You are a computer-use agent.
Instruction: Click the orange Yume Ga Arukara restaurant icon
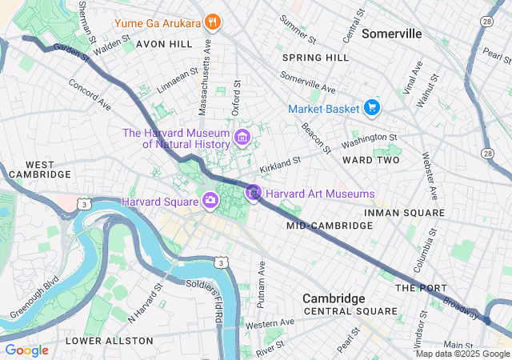pos(212,22)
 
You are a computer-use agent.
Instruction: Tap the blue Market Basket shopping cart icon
pos(371,107)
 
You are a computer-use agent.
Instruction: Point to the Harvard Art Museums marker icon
pos(254,193)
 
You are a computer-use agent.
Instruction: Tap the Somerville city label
pos(391,34)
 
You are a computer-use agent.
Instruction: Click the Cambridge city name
pos(334,298)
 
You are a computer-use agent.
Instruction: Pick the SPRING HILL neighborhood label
pos(316,58)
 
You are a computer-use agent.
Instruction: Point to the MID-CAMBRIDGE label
pos(330,226)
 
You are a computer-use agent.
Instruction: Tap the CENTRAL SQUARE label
pos(350,311)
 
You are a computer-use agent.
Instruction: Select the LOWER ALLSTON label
pos(109,341)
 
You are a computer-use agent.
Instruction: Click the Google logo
pos(26,350)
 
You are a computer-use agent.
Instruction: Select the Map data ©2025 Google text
pos(462,354)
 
